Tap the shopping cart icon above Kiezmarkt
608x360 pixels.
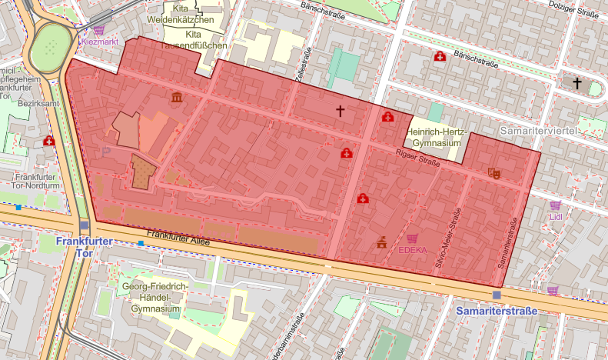[x=98, y=29]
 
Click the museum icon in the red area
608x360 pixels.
[x=178, y=98]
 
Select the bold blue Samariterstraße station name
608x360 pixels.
[x=496, y=311]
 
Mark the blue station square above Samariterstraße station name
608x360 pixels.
[x=497, y=295]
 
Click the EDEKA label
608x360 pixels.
[x=413, y=249]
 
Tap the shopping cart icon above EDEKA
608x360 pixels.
[x=413, y=238]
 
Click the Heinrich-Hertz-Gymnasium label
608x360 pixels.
[x=439, y=137]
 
